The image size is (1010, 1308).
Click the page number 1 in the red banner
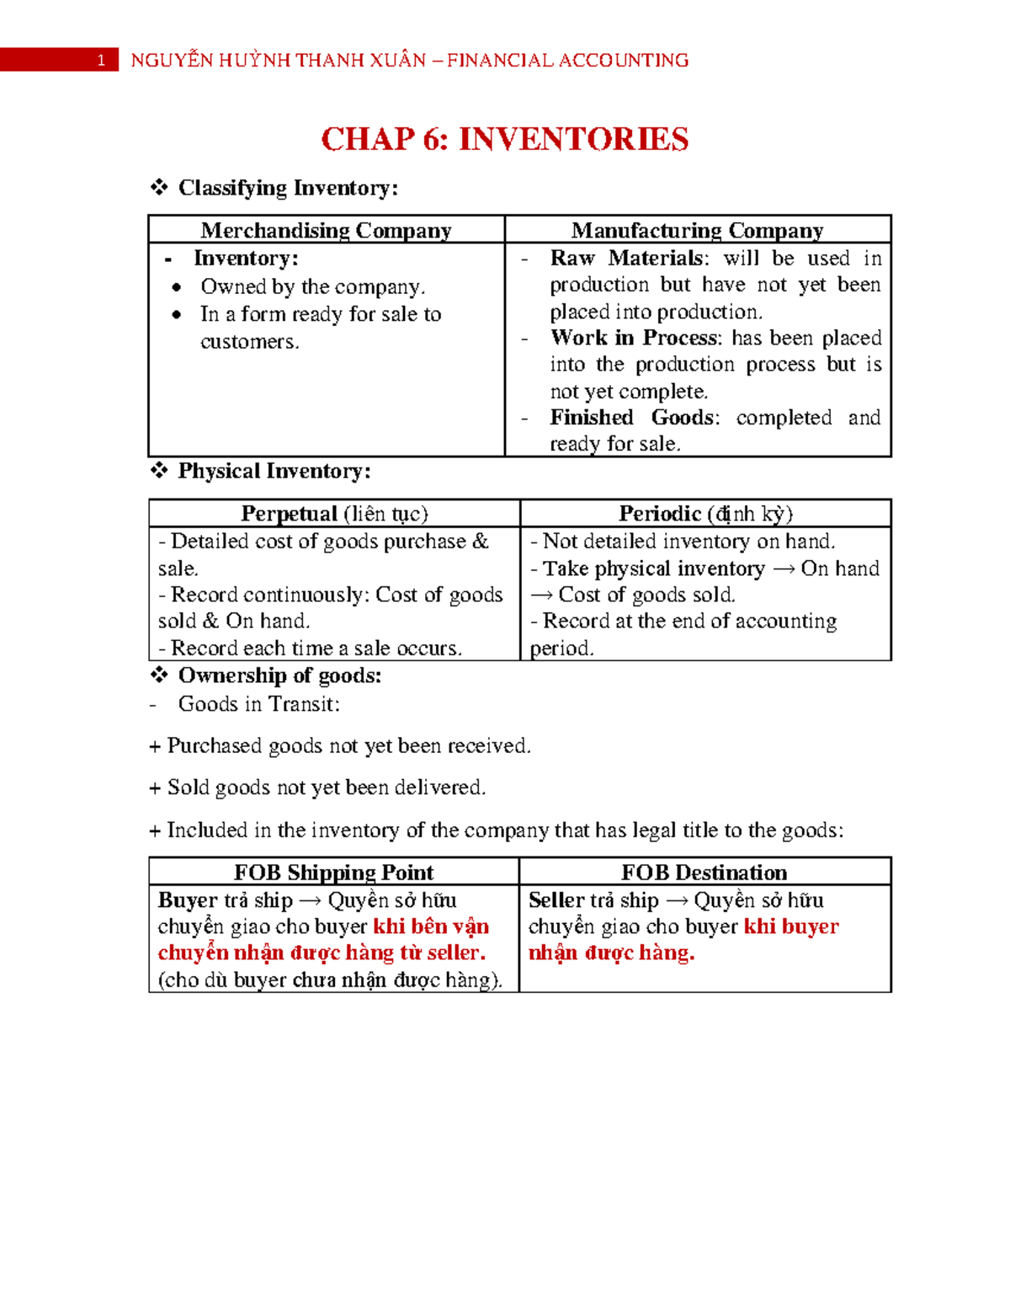click(x=101, y=61)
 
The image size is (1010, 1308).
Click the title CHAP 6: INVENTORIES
click(x=504, y=139)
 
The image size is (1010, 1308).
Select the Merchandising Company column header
click(x=326, y=230)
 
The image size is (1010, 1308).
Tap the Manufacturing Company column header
click(x=697, y=230)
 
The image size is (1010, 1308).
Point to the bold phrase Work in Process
click(x=635, y=338)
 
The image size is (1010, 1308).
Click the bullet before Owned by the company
click(x=176, y=287)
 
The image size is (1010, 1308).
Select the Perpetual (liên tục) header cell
click(x=334, y=514)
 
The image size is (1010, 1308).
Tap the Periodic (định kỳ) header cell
click(x=705, y=514)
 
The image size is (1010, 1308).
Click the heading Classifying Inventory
click(x=288, y=188)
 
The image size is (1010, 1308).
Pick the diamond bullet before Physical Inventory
click(x=159, y=471)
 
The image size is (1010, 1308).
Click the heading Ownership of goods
click(x=279, y=675)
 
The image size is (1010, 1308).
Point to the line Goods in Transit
click(x=258, y=704)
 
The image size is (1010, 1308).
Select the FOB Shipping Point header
click(x=333, y=873)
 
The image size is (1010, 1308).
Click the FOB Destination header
click(x=704, y=873)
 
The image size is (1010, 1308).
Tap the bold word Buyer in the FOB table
click(x=188, y=900)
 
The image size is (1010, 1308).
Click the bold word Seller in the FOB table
click(x=556, y=900)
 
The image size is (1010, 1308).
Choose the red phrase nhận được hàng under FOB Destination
click(x=611, y=953)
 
